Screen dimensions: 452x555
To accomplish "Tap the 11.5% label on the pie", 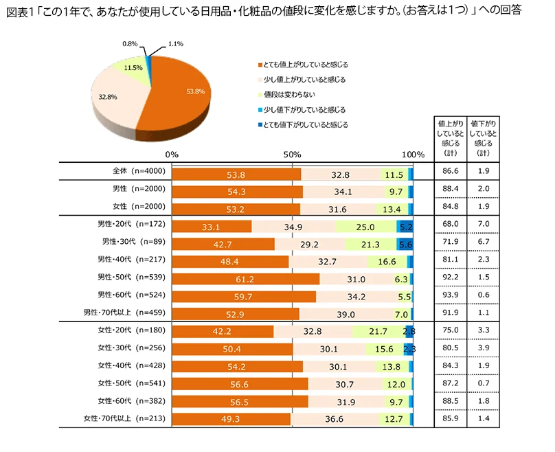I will point(133,67).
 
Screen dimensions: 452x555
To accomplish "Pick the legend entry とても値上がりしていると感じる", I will point(302,65).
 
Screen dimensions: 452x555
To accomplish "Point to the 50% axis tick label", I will point(292,154).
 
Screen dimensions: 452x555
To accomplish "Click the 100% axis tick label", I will point(413,154).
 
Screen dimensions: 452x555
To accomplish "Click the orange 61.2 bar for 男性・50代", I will point(245,278).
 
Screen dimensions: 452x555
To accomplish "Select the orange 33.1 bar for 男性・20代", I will point(212,225).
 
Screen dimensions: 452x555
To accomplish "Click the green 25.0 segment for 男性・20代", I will point(365,225).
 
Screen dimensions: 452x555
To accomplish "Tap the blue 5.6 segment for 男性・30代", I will point(405,242).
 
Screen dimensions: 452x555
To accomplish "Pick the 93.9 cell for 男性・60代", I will point(451,295).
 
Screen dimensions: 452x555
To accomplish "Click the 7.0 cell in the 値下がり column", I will point(484,225).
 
